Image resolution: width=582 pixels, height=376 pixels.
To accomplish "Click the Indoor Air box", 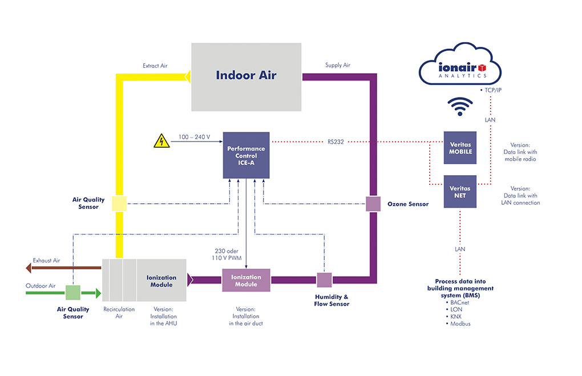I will [246, 77].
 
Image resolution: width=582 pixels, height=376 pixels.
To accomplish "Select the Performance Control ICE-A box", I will [246, 155].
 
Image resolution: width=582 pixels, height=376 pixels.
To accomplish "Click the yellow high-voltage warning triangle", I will [162, 141].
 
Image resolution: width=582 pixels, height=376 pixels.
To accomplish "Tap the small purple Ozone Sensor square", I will [373, 204].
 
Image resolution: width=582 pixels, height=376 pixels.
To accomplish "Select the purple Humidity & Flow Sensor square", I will [324, 280].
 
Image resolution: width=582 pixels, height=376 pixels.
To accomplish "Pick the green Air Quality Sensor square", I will [73, 293].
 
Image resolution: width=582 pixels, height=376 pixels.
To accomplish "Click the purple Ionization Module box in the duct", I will [246, 280].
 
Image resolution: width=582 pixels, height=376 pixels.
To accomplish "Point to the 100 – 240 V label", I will [195, 137].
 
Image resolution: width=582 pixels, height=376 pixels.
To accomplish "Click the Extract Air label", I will [155, 66].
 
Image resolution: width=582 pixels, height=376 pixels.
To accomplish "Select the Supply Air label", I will [337, 65].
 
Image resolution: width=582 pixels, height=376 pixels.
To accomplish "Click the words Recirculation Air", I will [119, 313].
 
